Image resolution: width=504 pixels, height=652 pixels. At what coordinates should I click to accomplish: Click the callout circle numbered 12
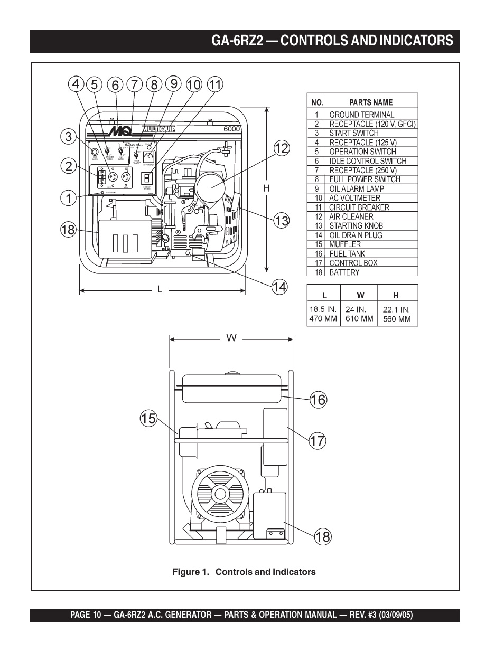281,148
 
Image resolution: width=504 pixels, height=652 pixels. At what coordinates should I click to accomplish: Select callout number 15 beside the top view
148,419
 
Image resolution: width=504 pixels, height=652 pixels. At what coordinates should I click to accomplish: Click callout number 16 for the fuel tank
318,400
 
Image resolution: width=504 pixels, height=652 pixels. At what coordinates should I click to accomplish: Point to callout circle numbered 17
318,440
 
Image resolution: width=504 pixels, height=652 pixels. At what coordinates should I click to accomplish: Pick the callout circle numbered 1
68,198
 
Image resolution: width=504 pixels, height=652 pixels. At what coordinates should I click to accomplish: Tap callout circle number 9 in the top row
174,84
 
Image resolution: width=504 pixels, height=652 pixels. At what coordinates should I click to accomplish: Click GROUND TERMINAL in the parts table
361,115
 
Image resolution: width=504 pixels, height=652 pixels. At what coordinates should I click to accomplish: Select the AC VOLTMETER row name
354,198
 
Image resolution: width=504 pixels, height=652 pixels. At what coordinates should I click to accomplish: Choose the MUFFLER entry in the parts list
345,244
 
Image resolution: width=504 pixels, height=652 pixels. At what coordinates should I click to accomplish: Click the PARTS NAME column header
371,102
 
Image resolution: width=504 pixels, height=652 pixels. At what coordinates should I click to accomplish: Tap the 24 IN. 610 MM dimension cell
359,314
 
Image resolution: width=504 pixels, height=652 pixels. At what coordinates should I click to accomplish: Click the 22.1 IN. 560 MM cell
397,314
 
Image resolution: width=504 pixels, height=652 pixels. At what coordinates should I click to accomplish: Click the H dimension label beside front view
267,188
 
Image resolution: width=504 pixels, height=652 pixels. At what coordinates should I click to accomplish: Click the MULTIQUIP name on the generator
158,129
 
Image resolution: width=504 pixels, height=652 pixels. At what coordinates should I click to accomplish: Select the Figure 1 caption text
244,572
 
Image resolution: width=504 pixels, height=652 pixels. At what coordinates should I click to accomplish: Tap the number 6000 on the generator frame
231,129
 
